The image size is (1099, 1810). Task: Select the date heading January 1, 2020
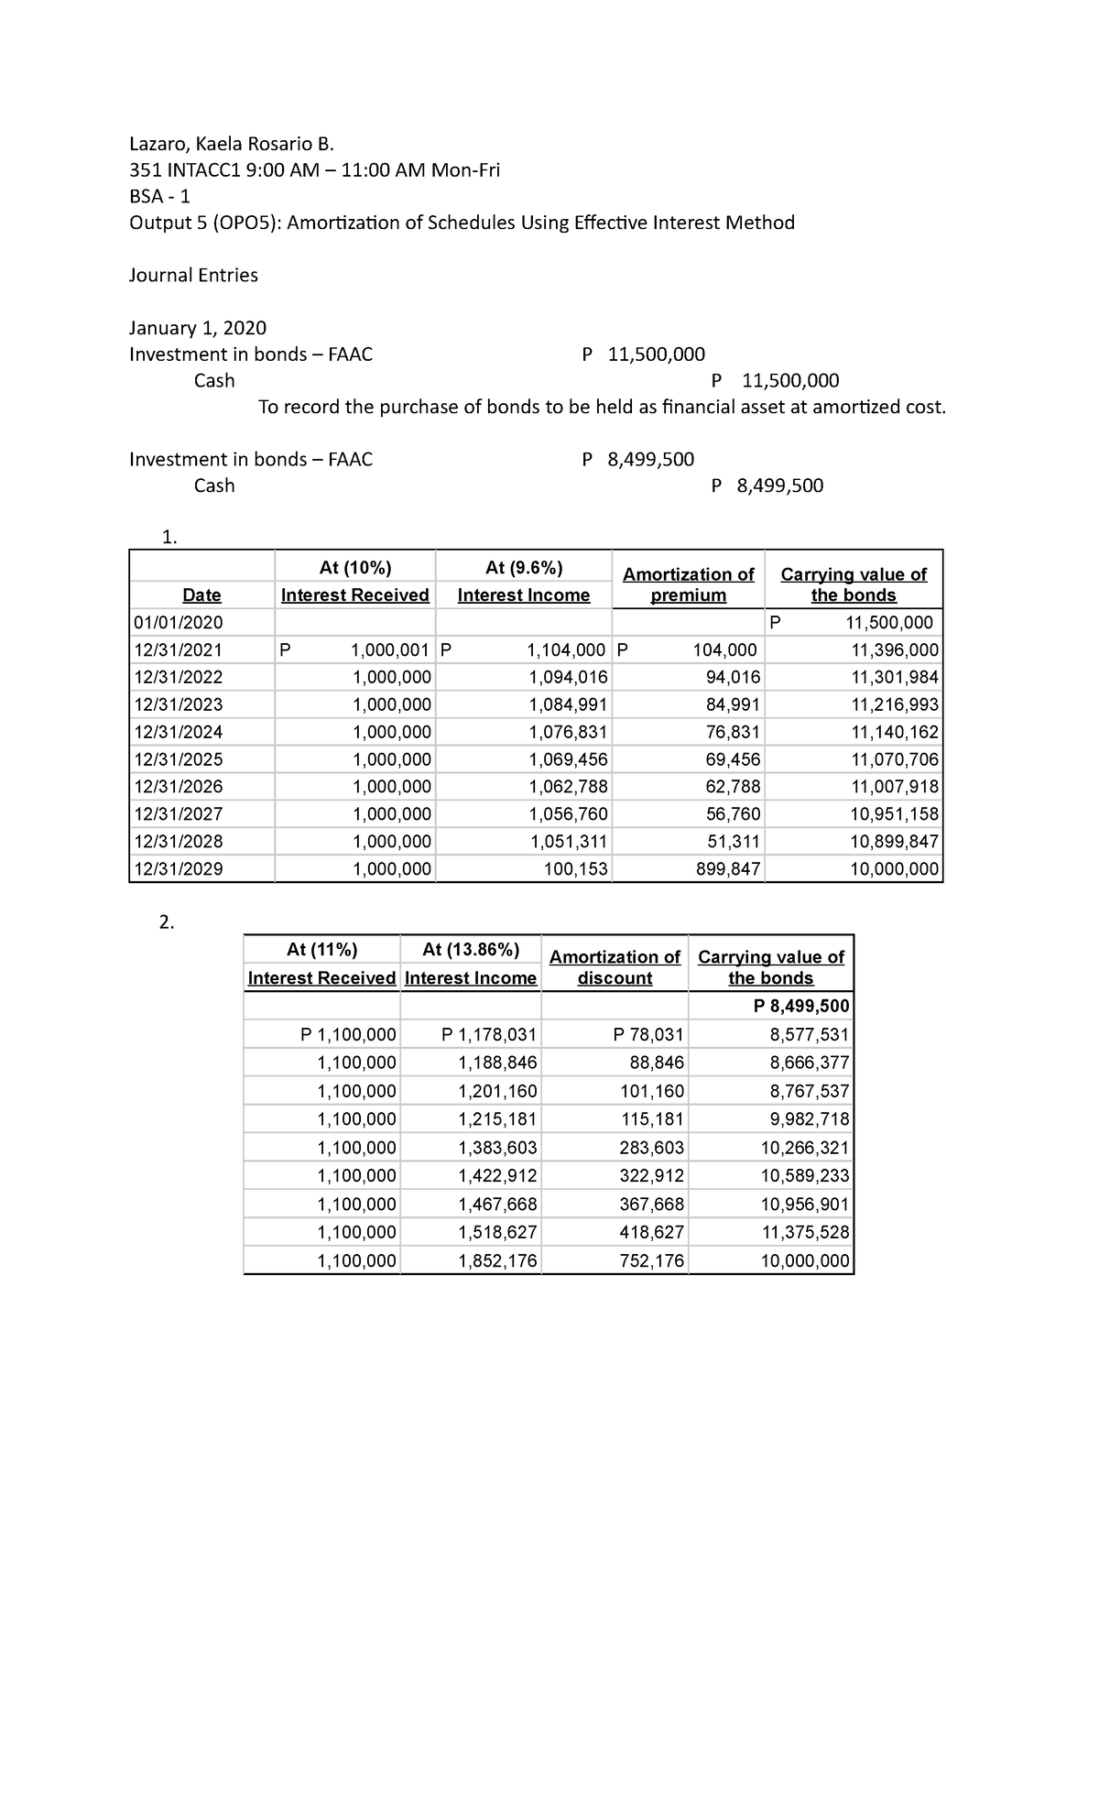coord(198,328)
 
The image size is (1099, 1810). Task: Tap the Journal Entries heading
coord(193,275)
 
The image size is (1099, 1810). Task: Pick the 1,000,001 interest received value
coord(390,650)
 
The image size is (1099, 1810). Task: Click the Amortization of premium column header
coord(688,584)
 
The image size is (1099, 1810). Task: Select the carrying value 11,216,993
coord(894,704)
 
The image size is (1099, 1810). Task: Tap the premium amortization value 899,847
coord(728,868)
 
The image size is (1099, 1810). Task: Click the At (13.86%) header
coord(471,949)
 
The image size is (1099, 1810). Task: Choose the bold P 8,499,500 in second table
coord(801,1006)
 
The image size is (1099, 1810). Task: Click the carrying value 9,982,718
coord(809,1118)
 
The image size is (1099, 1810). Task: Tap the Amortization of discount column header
coord(615,967)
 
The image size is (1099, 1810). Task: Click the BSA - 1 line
coord(159,196)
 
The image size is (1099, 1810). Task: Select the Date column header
coord(201,595)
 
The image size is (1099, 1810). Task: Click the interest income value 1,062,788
coord(568,786)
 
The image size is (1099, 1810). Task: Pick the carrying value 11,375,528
coord(805,1232)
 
